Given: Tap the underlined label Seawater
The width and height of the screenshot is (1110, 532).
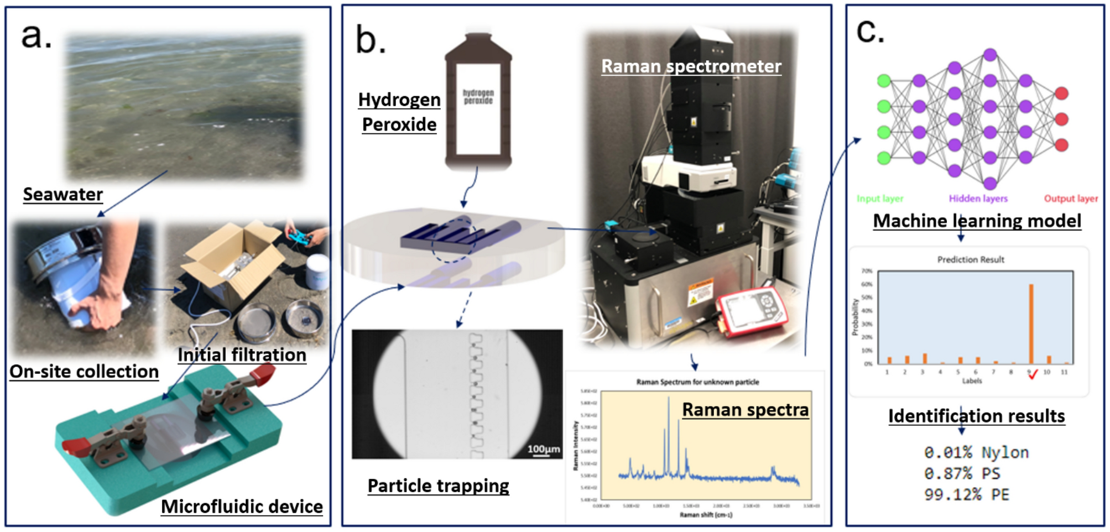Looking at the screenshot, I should pyautogui.click(x=63, y=195).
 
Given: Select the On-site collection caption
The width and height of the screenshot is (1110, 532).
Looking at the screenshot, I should pyautogui.click(x=84, y=372).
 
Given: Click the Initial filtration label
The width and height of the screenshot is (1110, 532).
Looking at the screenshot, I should pyautogui.click(x=242, y=355).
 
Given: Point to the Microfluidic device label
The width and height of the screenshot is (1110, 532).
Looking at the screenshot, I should pyautogui.click(x=242, y=507).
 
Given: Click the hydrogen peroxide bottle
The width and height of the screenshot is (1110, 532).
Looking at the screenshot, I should pyautogui.click(x=478, y=102).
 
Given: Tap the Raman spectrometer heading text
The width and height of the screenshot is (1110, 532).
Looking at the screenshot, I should pyautogui.click(x=691, y=66).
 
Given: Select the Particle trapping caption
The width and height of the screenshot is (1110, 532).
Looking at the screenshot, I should pyautogui.click(x=438, y=486).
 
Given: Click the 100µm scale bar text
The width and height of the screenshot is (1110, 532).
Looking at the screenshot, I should pyautogui.click(x=543, y=449).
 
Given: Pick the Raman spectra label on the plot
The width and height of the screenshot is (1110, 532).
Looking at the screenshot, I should pyautogui.click(x=745, y=410).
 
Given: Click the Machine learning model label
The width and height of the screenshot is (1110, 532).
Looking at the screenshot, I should pyautogui.click(x=977, y=221).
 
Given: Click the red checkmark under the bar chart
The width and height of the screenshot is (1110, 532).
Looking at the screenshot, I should pyautogui.click(x=1033, y=374).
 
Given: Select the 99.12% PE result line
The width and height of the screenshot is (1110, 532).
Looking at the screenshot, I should pyautogui.click(x=966, y=494).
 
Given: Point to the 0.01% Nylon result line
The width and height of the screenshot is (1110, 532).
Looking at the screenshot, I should pyautogui.click(x=976, y=453).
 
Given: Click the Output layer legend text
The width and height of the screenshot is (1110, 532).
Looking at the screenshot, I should pyautogui.click(x=1071, y=199).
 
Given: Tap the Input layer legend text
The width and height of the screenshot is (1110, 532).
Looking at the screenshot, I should pyautogui.click(x=879, y=199).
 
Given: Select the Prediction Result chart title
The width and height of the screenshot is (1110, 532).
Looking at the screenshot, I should pyautogui.click(x=971, y=259).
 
